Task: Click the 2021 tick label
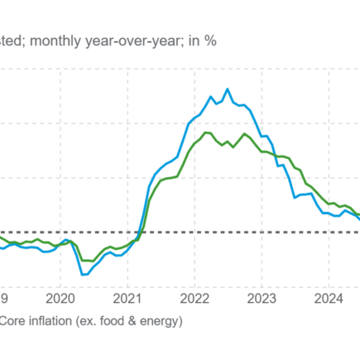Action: tap(127, 297)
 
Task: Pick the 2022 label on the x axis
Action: tap(194, 297)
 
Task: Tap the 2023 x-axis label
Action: tap(262, 297)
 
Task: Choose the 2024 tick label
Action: tap(329, 297)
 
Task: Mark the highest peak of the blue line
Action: tap(228, 89)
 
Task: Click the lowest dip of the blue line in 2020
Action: tap(83, 274)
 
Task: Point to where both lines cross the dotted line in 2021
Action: tap(140, 233)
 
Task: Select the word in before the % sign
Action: tap(196, 41)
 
